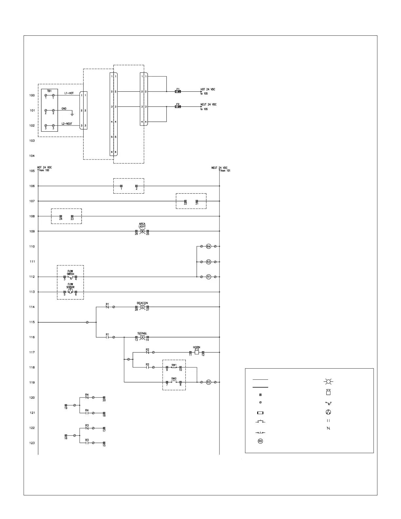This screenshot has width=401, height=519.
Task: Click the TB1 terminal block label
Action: pos(49,91)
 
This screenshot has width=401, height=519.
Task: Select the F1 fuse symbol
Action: pos(178,92)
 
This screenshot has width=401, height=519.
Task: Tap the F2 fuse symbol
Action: pos(178,107)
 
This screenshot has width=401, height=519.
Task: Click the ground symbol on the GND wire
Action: pos(72,115)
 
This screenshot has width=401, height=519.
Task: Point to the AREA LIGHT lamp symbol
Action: pos(142,231)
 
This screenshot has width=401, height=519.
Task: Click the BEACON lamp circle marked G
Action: pos(142,307)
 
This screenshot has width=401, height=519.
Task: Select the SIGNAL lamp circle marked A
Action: pos(142,337)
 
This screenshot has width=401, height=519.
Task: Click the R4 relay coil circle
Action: pos(208,246)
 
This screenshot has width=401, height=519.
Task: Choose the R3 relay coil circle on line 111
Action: pos(208,262)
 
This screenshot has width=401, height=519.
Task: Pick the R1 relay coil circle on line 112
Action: pos(208,277)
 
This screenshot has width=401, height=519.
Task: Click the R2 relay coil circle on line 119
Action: pos(208,382)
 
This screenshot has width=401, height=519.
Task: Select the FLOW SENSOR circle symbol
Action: pos(70,292)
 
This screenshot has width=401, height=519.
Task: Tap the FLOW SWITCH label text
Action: pos(70,273)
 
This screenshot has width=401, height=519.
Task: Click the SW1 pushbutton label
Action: pos(174,365)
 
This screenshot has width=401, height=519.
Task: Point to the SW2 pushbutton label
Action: pos(174,378)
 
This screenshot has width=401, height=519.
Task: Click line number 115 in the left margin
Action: pos(32,322)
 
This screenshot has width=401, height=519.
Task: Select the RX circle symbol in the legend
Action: pos(260,441)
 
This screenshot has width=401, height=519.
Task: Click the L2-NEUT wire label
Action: pos(67,124)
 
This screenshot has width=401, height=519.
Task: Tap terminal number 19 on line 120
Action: pos(66,408)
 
